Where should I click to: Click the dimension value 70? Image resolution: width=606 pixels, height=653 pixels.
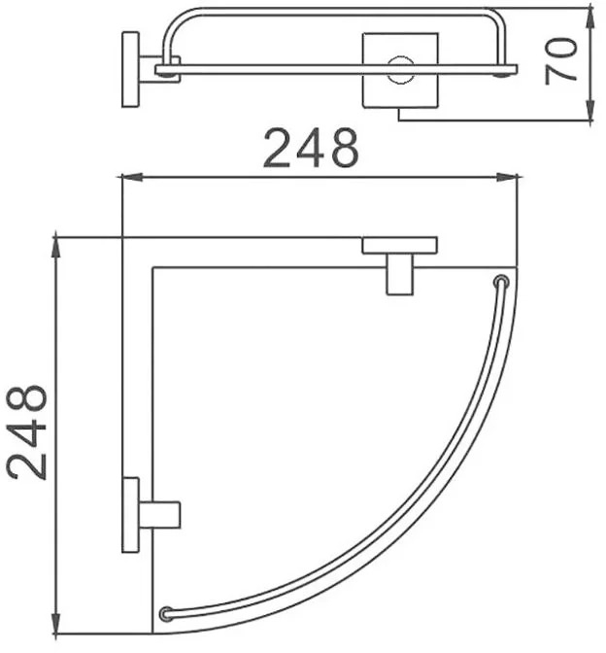point(561,61)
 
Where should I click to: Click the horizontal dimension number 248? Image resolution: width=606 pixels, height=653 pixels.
point(311,149)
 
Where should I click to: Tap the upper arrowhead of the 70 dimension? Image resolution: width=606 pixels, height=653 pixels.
point(589,17)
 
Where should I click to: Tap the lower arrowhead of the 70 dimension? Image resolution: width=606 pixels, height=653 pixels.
point(589,111)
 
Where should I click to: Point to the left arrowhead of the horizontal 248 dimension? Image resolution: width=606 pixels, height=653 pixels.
point(131,178)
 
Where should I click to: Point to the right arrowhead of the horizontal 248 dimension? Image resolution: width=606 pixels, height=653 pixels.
point(507,178)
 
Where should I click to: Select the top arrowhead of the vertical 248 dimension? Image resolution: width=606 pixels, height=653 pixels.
point(55,248)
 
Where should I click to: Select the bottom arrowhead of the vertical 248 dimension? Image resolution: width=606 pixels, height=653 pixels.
point(55,624)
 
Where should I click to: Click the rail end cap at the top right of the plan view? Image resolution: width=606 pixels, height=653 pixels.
point(501,282)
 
